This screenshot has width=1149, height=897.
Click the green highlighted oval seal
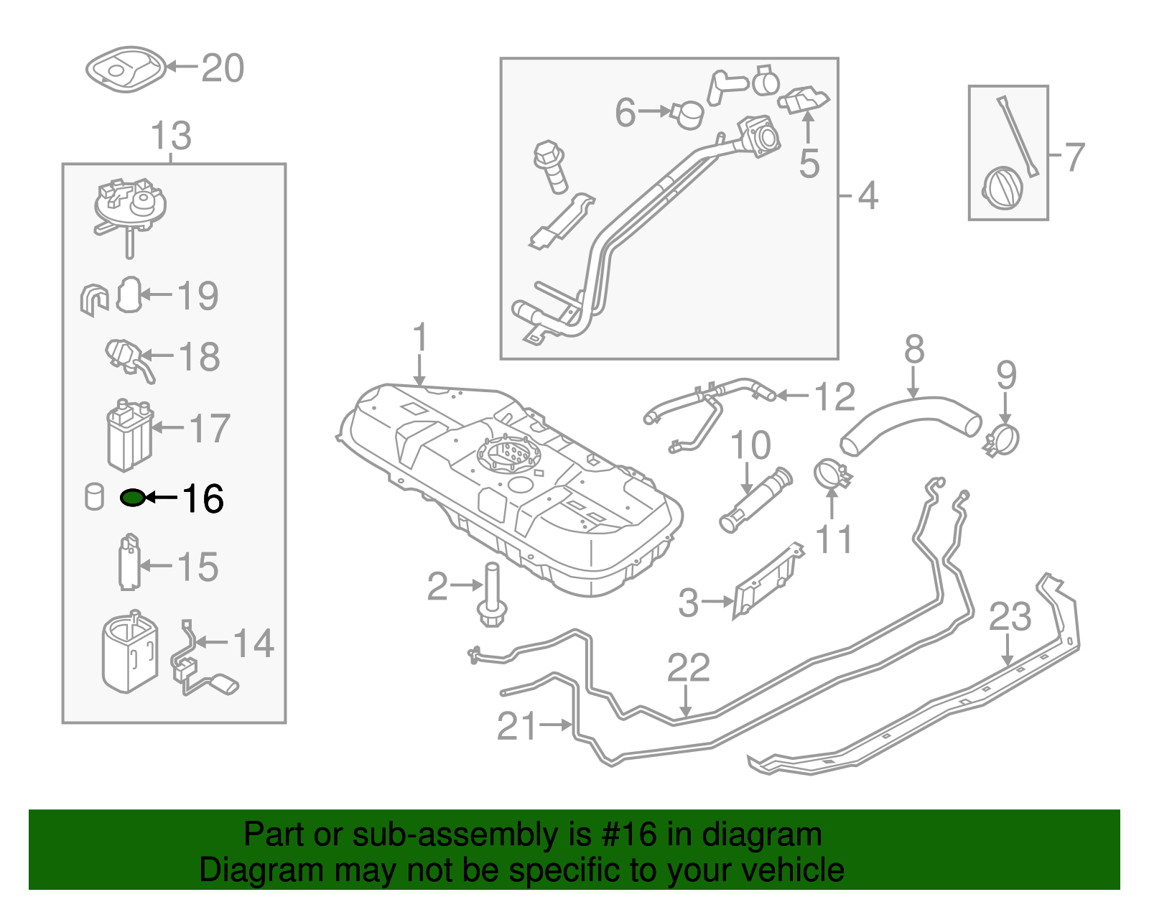pos(132,498)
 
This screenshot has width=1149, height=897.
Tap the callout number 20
pos(223,68)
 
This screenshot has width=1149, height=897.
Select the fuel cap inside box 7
pos(1002,188)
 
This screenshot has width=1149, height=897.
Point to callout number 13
pos(171,135)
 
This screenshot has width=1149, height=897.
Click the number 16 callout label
pos(203,498)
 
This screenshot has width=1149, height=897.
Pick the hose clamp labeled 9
pos(1001,440)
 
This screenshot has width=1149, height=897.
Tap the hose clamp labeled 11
pos(832,474)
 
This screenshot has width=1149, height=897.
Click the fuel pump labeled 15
pos(129,562)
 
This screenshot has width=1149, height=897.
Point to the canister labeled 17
pos(129,435)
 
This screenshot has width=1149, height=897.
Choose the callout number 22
pos(688,668)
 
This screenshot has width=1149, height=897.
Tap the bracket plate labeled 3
pos(769,582)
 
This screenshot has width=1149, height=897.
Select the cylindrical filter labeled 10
pos(756,500)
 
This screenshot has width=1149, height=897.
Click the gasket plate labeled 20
pos(126,69)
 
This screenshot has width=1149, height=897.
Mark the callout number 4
pos(867,195)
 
